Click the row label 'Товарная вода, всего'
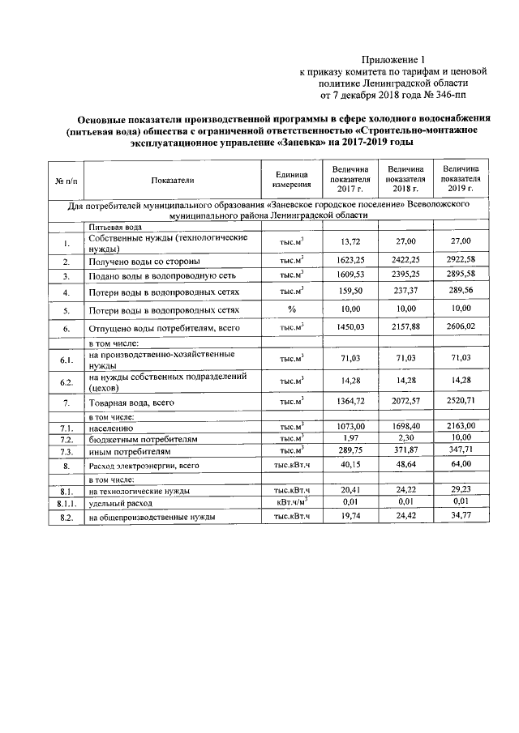tap(131, 402)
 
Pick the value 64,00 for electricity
tap(461, 465)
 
